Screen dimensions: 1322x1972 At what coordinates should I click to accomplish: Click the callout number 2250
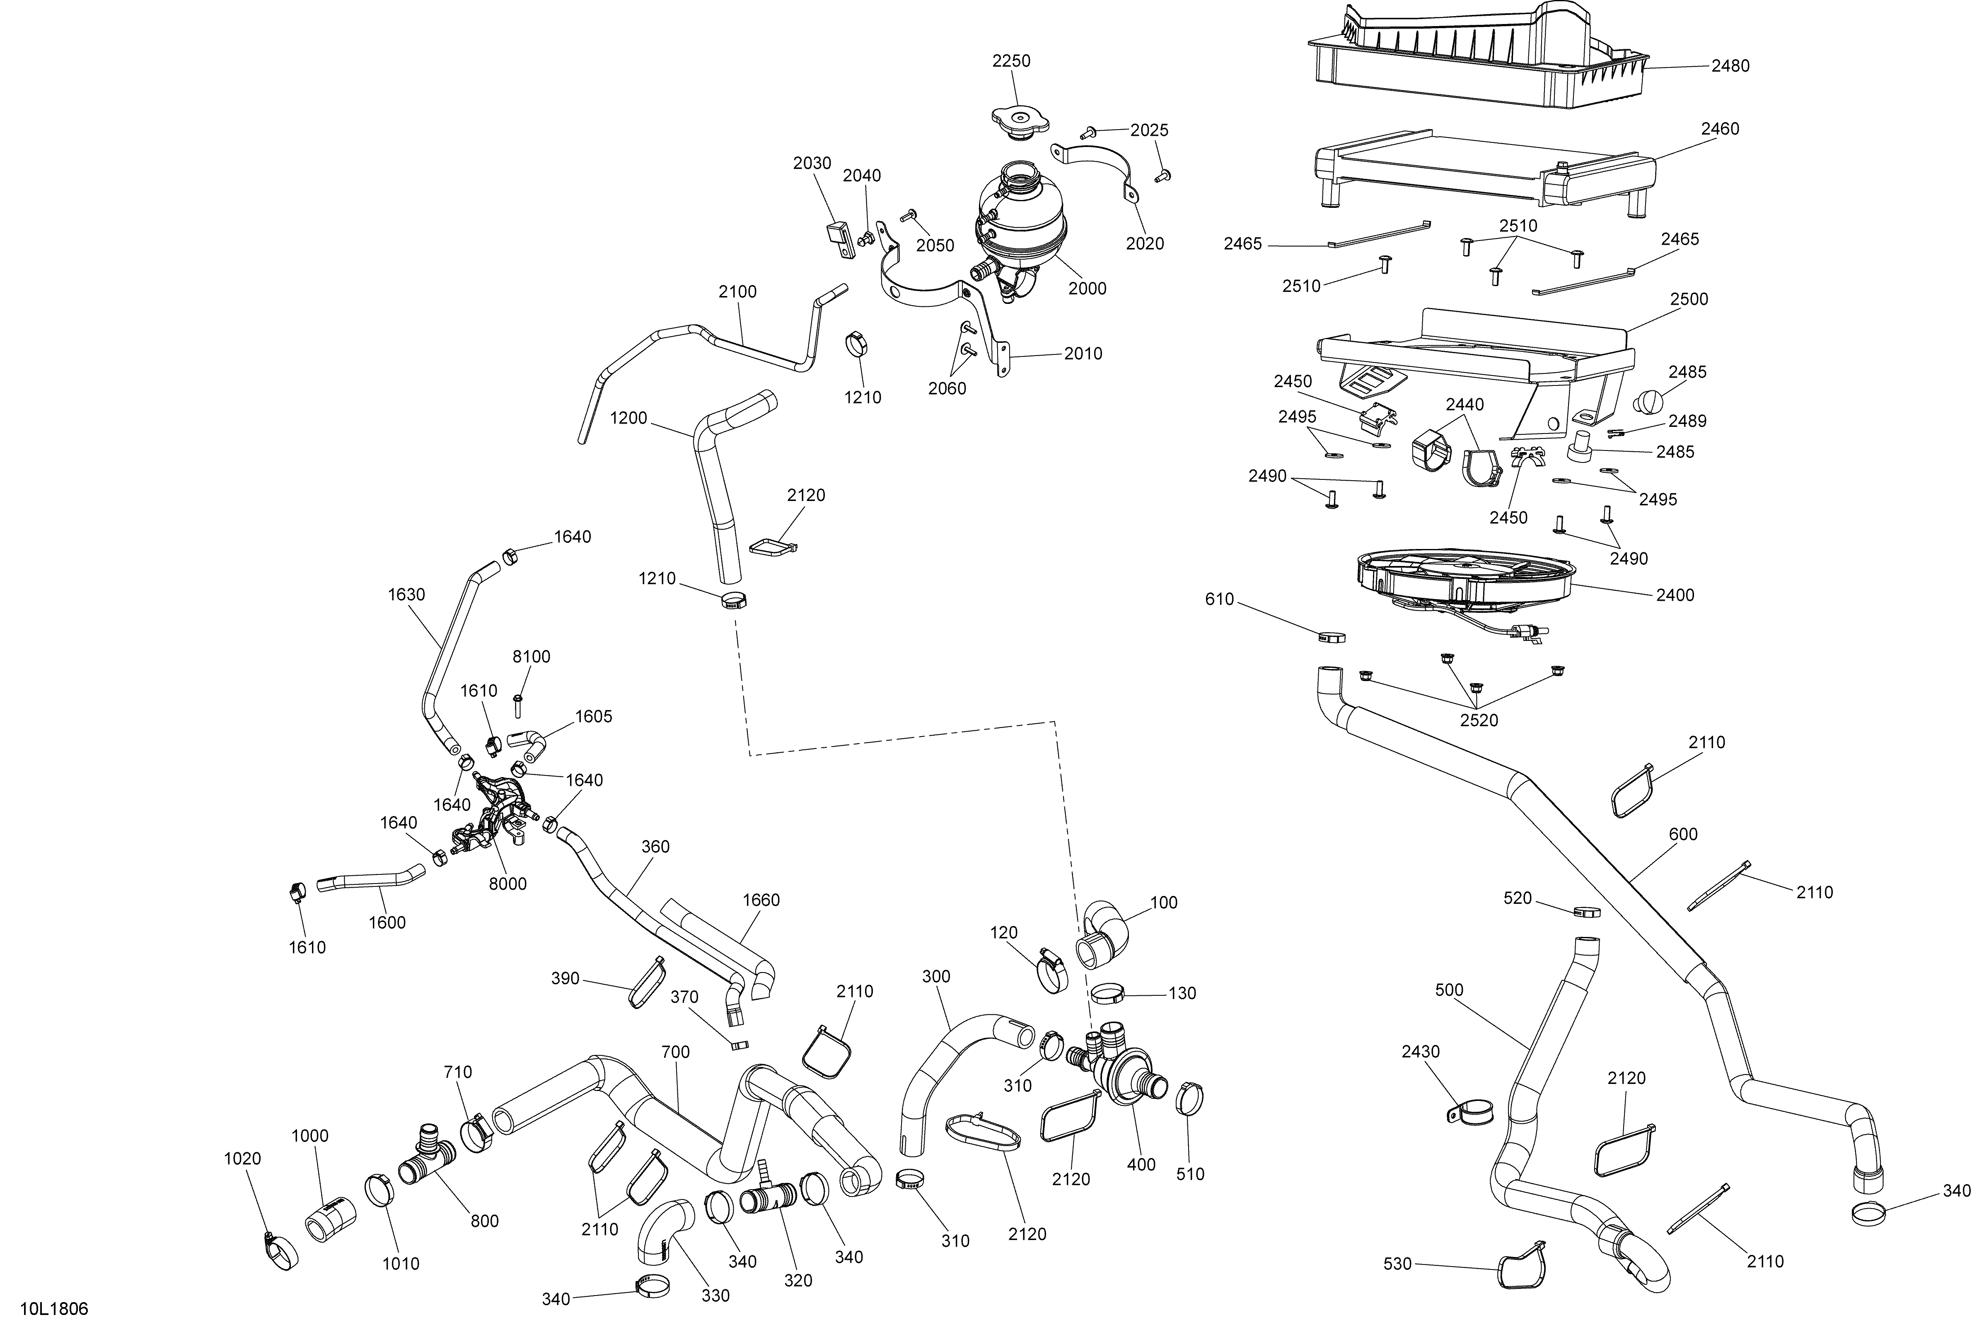[x=1011, y=61]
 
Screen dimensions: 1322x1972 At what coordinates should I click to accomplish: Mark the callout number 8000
[x=508, y=884]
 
